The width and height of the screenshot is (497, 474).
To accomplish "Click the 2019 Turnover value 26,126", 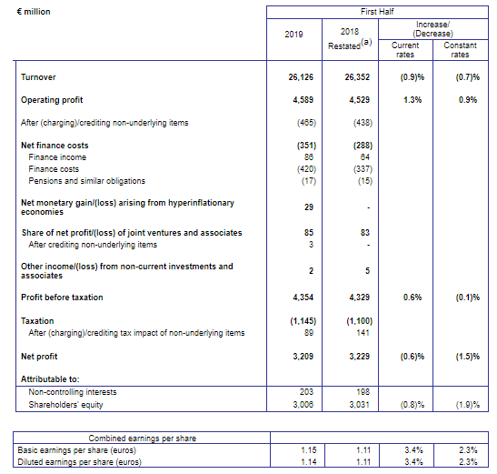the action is (x=301, y=77).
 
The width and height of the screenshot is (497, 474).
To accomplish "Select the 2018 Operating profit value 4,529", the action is (x=359, y=100).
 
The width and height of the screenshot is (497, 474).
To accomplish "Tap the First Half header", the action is (x=377, y=12).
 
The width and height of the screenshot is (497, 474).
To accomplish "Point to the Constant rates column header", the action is (x=461, y=50).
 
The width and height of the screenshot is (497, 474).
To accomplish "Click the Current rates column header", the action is (x=405, y=50).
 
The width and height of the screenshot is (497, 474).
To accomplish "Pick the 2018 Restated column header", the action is (x=350, y=39).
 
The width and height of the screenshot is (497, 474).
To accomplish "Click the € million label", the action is (x=34, y=12).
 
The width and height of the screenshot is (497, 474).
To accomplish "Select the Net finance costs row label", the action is (x=55, y=146).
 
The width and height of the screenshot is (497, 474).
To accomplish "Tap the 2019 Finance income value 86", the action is (x=308, y=157).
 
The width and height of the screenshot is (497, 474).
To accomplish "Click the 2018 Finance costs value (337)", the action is (x=363, y=169).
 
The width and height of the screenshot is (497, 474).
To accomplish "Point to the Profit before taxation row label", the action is (x=62, y=298).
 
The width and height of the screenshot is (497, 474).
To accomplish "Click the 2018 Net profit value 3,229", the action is (x=359, y=357).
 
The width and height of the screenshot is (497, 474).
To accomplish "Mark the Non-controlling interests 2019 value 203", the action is (x=306, y=392).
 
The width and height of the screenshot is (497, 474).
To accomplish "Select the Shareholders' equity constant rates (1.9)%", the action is (x=468, y=405).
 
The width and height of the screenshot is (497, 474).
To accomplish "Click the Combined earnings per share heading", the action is (x=143, y=439).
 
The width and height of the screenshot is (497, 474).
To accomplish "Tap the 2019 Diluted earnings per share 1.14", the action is (x=309, y=462).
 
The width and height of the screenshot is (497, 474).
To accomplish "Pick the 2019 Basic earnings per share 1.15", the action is (x=309, y=450).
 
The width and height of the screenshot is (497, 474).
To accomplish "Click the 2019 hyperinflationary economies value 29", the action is (x=309, y=207).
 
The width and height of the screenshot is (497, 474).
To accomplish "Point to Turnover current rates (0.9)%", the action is (x=413, y=77).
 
